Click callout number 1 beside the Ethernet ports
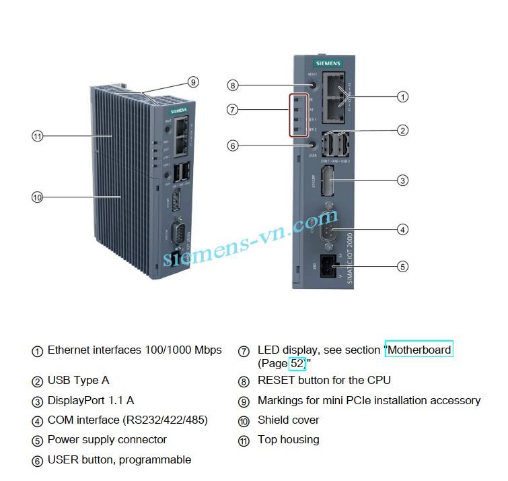coord(402,97)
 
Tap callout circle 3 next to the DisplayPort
coord(402,181)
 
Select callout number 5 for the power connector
coord(402,266)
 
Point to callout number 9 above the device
coord(193,82)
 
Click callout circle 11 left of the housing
coord(37,136)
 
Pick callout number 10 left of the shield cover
coord(37,197)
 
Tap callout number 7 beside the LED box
coord(233,109)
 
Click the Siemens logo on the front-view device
coord(328,63)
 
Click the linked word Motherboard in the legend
coord(419,350)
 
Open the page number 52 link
coord(297,364)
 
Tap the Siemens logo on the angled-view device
coord(179,109)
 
